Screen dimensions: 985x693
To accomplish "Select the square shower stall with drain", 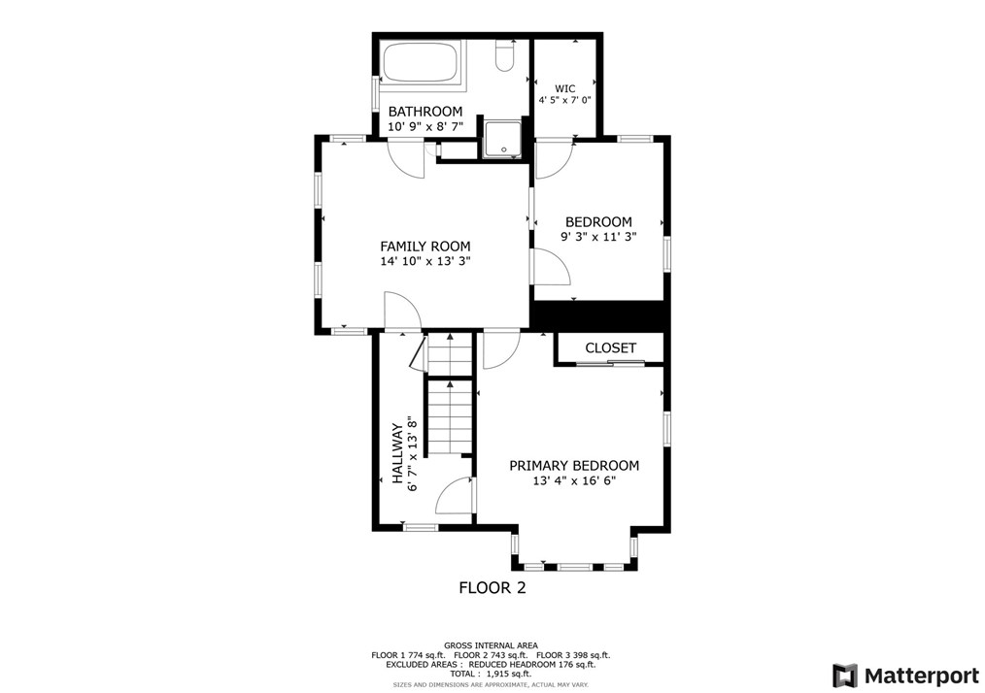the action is [503, 139].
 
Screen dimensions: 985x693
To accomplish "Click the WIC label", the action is [564, 88].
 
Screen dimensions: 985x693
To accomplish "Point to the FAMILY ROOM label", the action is [425, 247].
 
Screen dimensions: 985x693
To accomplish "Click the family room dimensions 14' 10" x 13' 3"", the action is [425, 262].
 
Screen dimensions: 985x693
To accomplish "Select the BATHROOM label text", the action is [425, 112].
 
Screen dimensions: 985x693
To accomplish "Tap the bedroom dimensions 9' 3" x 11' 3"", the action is [598, 237].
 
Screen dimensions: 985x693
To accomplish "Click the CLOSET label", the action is [611, 347].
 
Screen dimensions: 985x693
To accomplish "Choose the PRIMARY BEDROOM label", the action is [574, 466].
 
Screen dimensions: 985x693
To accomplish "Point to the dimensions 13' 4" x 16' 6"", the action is [574, 480].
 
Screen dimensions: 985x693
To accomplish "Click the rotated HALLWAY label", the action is [397, 453].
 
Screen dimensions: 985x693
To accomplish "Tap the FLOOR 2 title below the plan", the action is [492, 588].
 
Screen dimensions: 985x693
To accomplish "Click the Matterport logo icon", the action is [845, 676].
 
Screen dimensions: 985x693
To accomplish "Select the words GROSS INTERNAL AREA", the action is [492, 645].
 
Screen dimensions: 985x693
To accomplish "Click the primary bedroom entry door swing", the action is [500, 350].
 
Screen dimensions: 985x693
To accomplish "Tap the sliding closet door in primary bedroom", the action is [611, 363].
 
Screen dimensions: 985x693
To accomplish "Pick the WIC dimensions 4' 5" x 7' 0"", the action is [564, 100].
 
